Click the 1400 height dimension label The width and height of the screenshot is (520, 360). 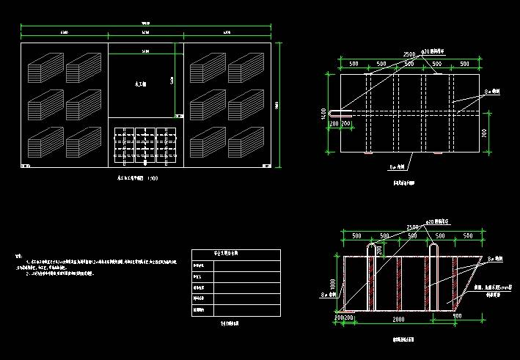pos(323,114)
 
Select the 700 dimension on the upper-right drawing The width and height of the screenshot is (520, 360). pos(485,133)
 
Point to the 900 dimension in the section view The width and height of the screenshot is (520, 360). pos(457,316)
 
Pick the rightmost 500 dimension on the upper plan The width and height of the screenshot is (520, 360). pos(464,64)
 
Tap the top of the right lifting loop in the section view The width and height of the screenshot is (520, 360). pos(432,248)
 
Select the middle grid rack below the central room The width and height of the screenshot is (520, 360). pos(145,144)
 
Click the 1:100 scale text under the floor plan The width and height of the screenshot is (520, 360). pos(152,178)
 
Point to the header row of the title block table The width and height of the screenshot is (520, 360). pos(235,252)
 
